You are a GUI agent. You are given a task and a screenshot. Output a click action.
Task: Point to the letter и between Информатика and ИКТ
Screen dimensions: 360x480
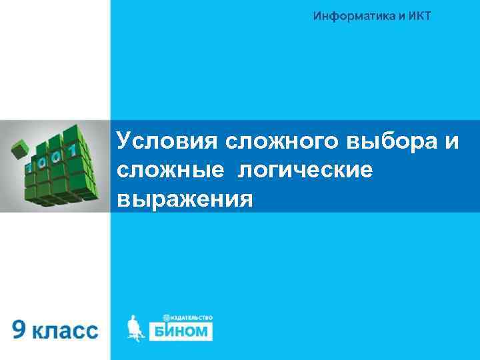pyautogui.click(x=391, y=15)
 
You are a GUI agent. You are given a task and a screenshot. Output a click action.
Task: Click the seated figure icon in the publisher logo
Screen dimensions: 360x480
pyautogui.click(x=135, y=327)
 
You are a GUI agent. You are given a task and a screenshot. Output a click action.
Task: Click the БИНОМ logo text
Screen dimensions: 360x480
pyautogui.click(x=185, y=331)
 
